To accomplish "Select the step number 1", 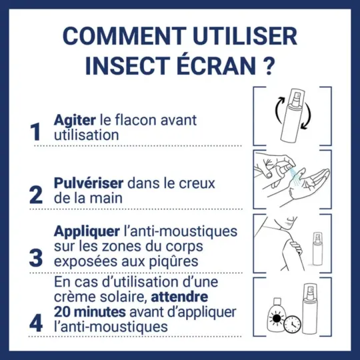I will point(36,132).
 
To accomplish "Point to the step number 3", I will point(36,256).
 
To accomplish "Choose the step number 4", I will point(36,321).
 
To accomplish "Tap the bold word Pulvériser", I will point(89,182).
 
